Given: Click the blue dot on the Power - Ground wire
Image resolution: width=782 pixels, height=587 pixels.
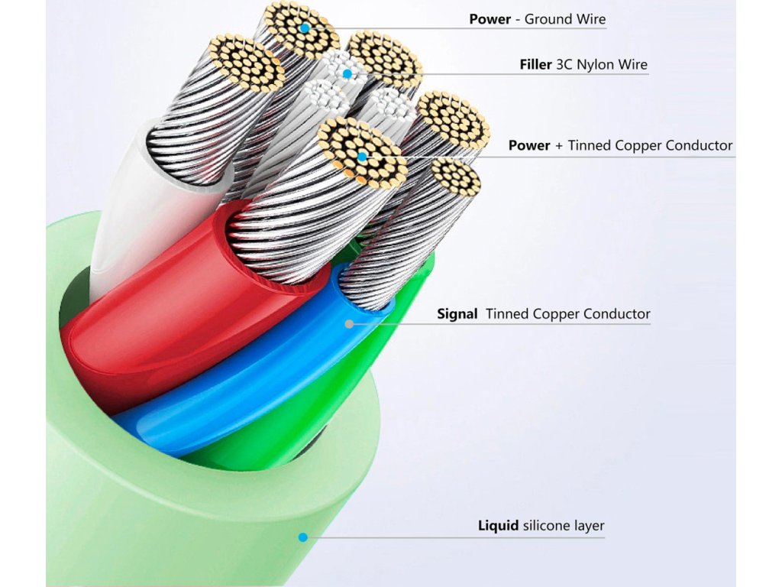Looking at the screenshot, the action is tap(305, 28).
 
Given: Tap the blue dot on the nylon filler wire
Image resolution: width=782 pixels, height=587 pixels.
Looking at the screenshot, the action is tap(347, 73).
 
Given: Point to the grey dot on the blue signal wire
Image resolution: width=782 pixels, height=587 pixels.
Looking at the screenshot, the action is tap(350, 323).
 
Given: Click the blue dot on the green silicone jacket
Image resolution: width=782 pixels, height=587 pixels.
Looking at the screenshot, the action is tap(303, 537).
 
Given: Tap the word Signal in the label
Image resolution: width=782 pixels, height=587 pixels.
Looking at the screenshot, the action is tap(457, 314).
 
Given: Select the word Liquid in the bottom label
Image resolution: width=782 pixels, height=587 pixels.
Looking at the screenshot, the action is tap(499, 526).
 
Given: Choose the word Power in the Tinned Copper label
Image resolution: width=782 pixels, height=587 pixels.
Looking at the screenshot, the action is tap(529, 145).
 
